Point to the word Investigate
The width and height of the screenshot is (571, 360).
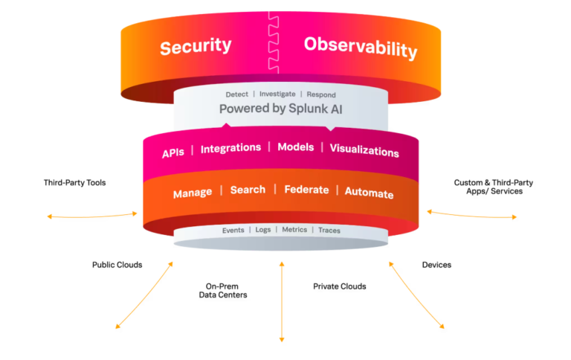point(277,94)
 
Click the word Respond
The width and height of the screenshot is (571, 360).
point(321,95)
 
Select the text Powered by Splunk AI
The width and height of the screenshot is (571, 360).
point(280,109)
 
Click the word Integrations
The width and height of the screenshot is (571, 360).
point(230,148)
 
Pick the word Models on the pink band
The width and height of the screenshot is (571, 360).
point(296,147)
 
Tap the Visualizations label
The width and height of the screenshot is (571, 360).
point(364,151)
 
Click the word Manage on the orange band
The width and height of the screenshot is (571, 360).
point(193,193)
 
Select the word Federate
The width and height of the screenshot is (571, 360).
point(306,190)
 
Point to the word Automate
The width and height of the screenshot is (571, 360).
point(369,193)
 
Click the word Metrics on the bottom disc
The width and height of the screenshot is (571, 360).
point(294,230)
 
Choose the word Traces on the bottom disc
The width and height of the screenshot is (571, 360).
point(329,231)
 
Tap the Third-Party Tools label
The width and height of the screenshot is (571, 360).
point(74,182)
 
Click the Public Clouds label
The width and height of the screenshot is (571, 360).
point(117,265)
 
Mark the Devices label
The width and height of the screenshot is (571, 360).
point(436,265)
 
